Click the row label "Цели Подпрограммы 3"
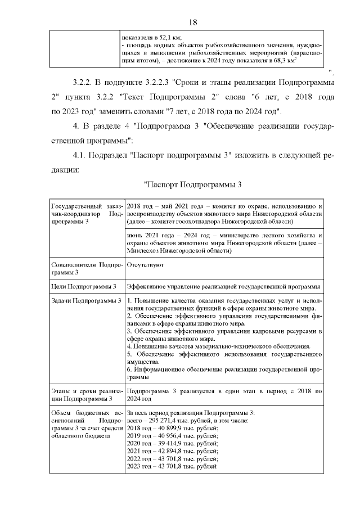[84, 286]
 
